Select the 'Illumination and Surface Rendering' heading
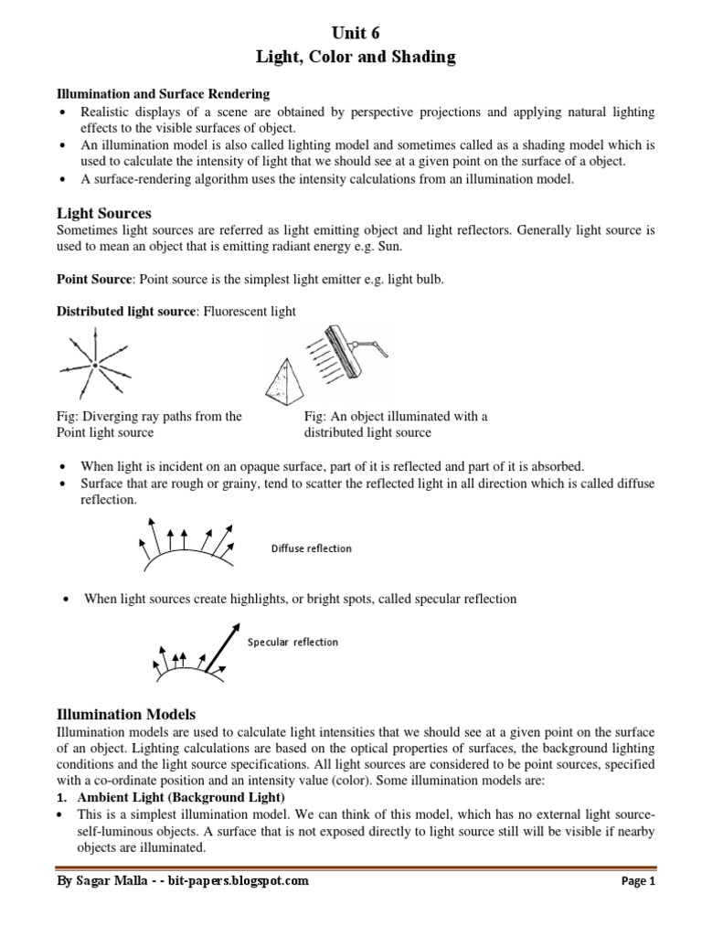[164, 94]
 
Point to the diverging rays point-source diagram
[94, 366]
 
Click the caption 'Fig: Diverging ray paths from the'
[149, 416]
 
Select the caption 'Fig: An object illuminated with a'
[396, 416]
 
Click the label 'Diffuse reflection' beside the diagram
[312, 548]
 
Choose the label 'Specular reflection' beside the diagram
[292, 642]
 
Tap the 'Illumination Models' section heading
[126, 713]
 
